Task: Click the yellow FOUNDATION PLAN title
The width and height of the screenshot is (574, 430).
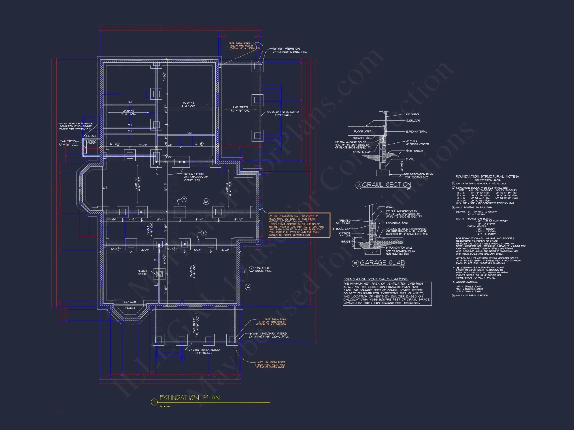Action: (189, 398)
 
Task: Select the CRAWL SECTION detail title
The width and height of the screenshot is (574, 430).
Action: (386, 185)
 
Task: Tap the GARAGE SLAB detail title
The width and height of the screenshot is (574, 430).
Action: (382, 262)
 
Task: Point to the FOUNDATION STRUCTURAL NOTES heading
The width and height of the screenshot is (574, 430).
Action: (487, 177)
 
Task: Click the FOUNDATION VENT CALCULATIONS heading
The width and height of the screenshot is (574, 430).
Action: (376, 279)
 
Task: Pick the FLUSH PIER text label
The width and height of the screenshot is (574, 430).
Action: (142, 273)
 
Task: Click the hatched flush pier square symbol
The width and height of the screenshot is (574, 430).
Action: (159, 274)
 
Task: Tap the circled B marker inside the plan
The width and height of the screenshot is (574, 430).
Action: (206, 202)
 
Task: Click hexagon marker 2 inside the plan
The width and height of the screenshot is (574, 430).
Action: (184, 199)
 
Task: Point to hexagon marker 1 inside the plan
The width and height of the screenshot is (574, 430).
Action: (203, 233)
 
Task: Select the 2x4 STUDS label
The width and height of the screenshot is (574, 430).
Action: (412, 114)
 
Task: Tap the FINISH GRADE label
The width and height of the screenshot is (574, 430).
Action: (414, 151)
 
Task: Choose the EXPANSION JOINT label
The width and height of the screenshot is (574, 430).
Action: (397, 223)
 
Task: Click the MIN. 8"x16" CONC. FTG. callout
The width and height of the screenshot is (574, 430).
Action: (263, 269)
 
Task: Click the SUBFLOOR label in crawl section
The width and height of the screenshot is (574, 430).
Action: (413, 121)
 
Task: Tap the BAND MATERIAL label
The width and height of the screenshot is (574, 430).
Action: (416, 132)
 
